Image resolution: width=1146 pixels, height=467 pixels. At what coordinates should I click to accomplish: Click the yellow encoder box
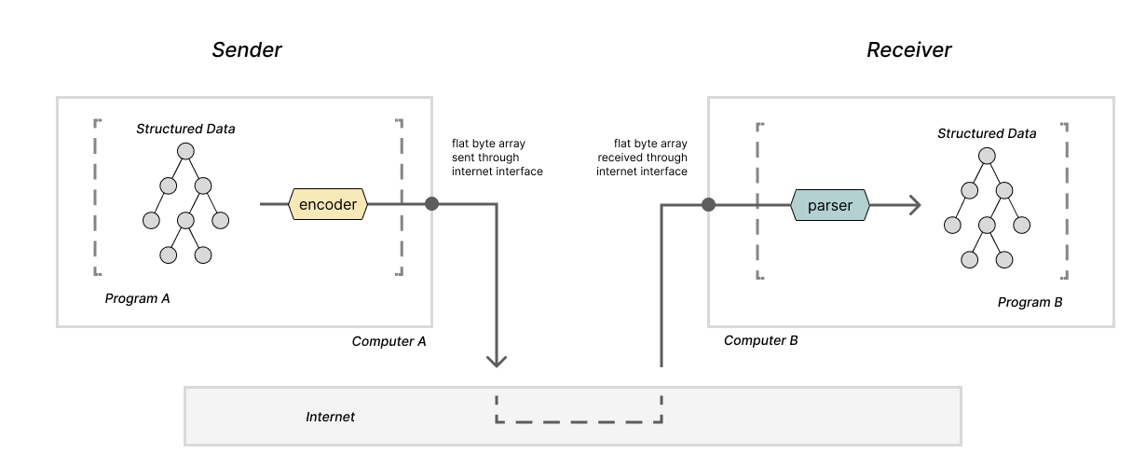(328, 204)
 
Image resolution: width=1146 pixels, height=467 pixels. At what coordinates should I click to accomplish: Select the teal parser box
(829, 205)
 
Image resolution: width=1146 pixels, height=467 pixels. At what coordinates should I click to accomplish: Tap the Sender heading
(247, 50)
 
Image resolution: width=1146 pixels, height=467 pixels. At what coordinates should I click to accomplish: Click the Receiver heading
(908, 50)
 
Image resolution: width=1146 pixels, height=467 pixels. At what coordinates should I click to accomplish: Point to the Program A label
(138, 299)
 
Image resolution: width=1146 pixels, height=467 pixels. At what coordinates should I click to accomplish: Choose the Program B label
(1030, 303)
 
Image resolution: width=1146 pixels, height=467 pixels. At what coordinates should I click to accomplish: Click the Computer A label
(389, 341)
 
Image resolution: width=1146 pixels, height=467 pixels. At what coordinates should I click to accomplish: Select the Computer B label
(760, 340)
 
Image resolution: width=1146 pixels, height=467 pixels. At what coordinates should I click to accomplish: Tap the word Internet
(330, 417)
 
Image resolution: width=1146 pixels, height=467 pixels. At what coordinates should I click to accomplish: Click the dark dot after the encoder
(431, 203)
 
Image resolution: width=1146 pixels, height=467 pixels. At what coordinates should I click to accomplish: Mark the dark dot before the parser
(708, 205)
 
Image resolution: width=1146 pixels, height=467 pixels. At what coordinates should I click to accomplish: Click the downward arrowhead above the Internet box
(497, 360)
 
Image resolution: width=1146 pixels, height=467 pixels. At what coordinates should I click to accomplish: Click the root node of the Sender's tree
(185, 150)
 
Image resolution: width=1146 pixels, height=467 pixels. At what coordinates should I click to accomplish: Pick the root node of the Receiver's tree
(987, 155)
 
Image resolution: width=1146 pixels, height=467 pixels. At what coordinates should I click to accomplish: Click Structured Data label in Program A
(185, 129)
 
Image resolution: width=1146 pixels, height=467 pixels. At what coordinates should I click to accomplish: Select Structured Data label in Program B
(987, 133)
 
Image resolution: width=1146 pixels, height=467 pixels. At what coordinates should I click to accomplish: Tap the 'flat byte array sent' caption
(496, 158)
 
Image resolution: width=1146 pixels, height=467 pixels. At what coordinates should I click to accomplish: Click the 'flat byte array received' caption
(642, 158)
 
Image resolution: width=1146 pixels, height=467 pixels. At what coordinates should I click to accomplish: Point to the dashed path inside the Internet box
(579, 421)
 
